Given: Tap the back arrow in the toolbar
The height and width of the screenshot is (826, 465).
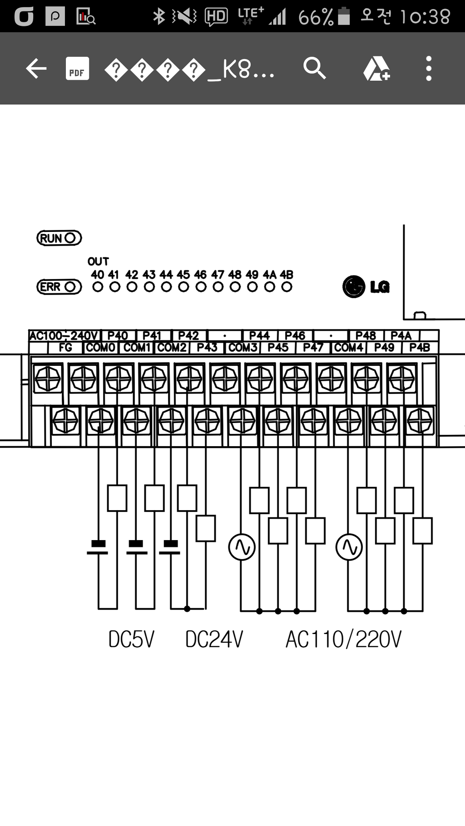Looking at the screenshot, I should tap(36, 69).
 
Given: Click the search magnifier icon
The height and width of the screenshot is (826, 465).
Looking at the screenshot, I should tap(314, 69).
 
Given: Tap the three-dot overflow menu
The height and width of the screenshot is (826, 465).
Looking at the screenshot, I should tap(429, 69).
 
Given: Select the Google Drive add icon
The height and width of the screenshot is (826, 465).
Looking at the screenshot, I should tap(376, 69).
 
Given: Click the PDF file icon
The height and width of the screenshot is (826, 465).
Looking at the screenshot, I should tap(77, 69).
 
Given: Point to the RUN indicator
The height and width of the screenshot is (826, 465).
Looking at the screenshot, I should tap(59, 238).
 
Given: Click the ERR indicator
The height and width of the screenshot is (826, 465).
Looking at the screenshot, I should tap(59, 287).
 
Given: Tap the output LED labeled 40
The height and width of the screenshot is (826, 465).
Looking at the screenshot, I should tap(98, 287).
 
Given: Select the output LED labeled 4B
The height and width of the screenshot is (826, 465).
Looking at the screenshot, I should tap(287, 287).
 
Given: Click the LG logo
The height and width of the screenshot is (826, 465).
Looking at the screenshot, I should tap(366, 287).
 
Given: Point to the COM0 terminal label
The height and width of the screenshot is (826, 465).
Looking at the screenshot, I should tap(101, 348).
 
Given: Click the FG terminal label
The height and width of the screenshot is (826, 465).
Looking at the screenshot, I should tap(65, 348).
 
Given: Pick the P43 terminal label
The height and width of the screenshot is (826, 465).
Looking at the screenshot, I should tap(207, 348).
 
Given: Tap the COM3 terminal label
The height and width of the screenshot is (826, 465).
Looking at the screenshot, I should tap(243, 348).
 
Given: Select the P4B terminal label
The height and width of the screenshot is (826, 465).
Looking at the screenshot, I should tap(420, 348).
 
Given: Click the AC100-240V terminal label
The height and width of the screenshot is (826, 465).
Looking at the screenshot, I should tap(64, 336).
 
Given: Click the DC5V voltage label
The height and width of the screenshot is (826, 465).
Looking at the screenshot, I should tap(131, 639).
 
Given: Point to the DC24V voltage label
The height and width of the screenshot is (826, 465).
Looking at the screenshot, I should tap(214, 639).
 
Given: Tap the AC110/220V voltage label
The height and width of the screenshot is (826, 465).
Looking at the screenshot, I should tap(343, 639).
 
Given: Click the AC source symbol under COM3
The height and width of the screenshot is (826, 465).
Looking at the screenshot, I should tap(242, 547).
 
